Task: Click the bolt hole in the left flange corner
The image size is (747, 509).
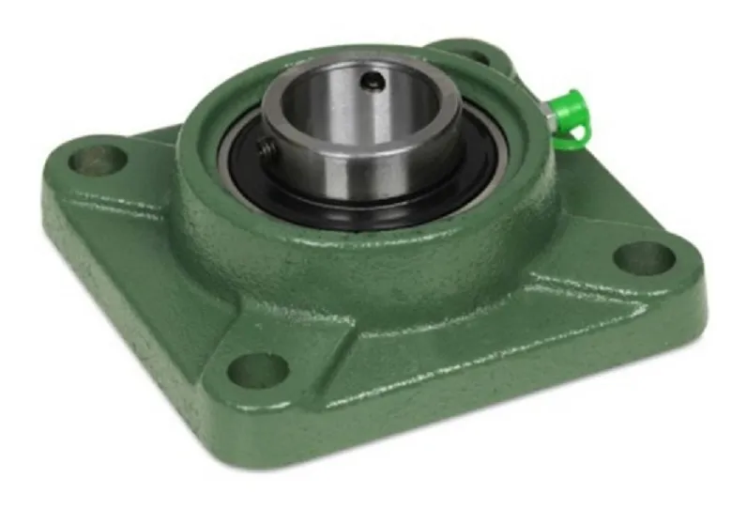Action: [x=96, y=157]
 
